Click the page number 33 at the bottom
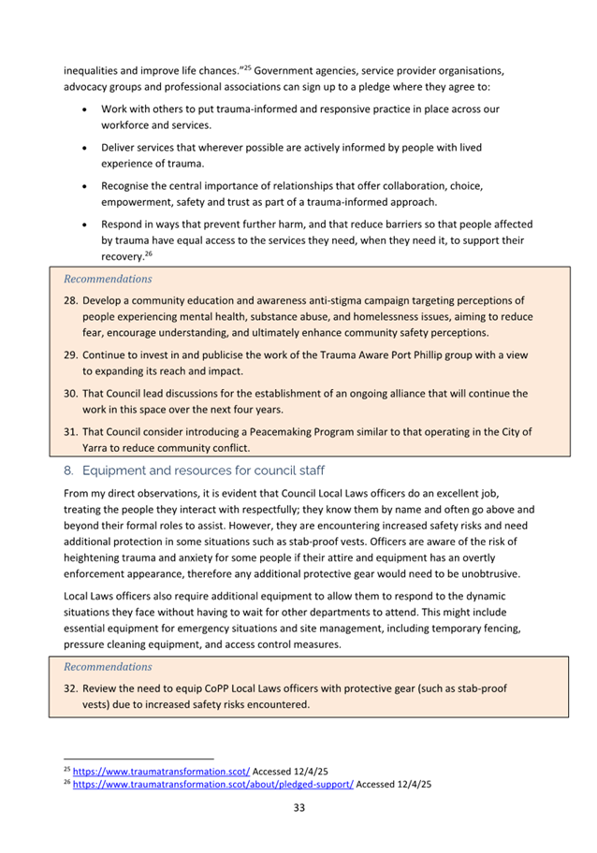pyautogui.click(x=298, y=807)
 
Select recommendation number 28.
pyautogui.click(x=71, y=301)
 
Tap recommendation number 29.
pyautogui.click(x=71, y=355)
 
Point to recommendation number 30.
pyautogui.click(x=71, y=394)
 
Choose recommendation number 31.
pyautogui.click(x=71, y=432)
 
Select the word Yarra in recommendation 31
pyautogui.click(x=99, y=448)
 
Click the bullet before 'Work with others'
pyautogui.click(x=85, y=109)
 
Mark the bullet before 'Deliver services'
pyautogui.click(x=85, y=148)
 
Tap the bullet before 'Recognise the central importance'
pyautogui.click(x=85, y=186)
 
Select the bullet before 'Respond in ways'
pyautogui.click(x=85, y=224)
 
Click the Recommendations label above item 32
pyautogui.click(x=107, y=667)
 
